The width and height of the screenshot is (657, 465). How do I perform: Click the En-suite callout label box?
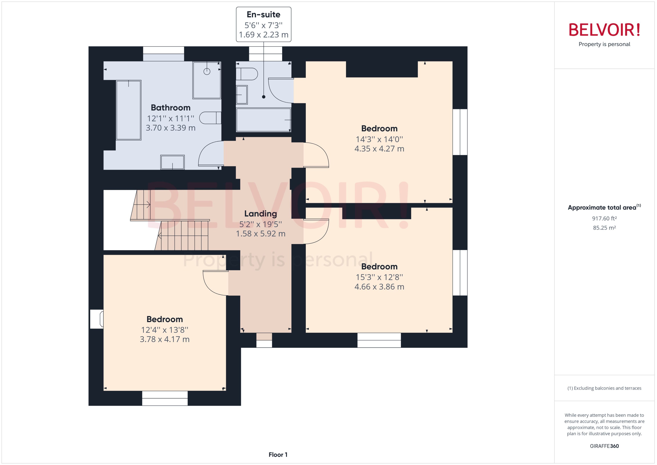tap(263, 24)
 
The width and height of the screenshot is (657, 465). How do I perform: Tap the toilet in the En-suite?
tap(247, 74)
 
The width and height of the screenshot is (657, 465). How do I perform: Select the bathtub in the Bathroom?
tap(129, 110)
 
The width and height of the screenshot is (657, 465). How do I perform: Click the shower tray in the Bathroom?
tap(207, 80)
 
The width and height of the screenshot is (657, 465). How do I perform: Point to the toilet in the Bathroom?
tap(210, 118)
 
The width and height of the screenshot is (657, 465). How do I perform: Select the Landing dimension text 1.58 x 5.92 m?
tap(261, 234)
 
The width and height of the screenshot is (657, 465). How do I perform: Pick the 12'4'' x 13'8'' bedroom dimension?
tap(165, 330)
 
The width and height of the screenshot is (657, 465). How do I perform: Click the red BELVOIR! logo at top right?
tap(604, 30)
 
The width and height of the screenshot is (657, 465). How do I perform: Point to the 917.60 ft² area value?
tap(604, 219)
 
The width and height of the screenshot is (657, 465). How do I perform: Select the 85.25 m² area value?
tap(604, 228)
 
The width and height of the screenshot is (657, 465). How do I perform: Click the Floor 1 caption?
tap(278, 455)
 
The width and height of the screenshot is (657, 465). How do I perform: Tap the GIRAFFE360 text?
tap(604, 446)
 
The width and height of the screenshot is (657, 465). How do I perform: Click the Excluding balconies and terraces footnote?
tap(604, 388)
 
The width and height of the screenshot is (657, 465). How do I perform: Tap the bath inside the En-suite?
tap(263, 120)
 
